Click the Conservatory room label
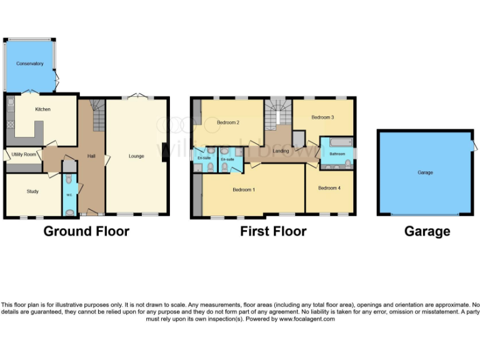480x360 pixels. point(30,64)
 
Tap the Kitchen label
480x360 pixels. point(42,109)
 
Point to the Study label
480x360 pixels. point(32,191)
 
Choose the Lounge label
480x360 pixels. point(136,156)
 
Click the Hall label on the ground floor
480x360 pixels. point(91,156)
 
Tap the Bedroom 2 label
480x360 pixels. point(228,122)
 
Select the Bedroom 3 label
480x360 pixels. point(322,117)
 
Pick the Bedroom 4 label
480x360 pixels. point(329,188)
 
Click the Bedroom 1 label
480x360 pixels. point(243,189)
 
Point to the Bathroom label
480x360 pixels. point(338,154)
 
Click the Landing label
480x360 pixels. point(281,151)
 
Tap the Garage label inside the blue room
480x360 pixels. point(425,172)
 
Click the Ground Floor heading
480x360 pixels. point(86,231)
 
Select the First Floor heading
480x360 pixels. point(273,231)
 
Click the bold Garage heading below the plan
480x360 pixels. point(427,231)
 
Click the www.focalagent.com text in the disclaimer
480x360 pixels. point(306,319)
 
